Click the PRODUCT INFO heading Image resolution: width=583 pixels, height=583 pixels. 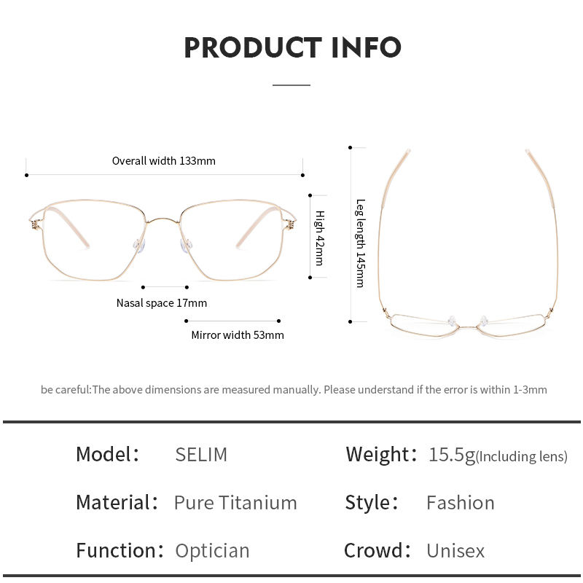pos(291,47)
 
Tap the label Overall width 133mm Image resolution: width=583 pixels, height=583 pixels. pos(163,160)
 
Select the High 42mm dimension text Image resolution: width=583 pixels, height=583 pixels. pos(319,238)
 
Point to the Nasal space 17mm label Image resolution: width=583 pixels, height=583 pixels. pos(161,302)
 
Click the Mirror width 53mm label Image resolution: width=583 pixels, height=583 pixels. pos(238,335)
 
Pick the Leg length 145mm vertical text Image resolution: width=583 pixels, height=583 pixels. pos(360,243)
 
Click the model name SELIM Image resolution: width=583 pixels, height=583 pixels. pos(201,455)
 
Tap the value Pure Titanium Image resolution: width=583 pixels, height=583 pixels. pos(235,503)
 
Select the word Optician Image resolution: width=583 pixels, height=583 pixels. pos(212,551)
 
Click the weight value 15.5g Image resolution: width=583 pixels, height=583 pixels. pos(451,455)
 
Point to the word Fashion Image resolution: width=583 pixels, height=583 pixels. pos(460,503)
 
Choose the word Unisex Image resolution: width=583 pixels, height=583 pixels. pos(455,551)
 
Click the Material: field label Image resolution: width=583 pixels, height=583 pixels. pos(117,503)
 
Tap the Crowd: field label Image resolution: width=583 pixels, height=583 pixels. pos(377,551)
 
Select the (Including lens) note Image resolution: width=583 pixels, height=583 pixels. pos(521,457)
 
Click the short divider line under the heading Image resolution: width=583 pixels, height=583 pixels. pos(291,85)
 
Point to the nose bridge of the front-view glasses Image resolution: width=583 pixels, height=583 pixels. pos(164,217)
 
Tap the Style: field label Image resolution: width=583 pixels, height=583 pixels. pos(372,503)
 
